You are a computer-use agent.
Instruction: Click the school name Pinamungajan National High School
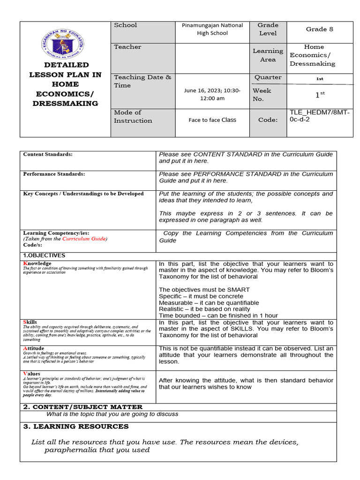(x=212, y=29)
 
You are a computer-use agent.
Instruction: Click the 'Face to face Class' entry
(x=212, y=120)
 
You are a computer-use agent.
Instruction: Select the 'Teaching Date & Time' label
(x=142, y=81)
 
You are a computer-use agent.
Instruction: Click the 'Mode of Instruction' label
(x=133, y=116)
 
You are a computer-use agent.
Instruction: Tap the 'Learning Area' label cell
(x=268, y=55)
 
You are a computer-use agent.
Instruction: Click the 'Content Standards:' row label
(x=48, y=154)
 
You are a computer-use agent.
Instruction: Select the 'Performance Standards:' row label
(x=54, y=174)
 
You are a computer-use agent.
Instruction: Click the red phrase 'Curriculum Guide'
(x=84, y=239)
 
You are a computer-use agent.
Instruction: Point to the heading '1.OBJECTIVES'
(x=44, y=255)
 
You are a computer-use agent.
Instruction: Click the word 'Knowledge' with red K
(x=37, y=263)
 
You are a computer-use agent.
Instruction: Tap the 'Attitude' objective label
(x=34, y=348)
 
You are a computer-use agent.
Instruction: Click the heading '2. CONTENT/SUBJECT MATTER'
(x=83, y=407)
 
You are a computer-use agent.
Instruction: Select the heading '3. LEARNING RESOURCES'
(x=75, y=427)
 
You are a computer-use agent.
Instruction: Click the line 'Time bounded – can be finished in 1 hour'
(x=218, y=315)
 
